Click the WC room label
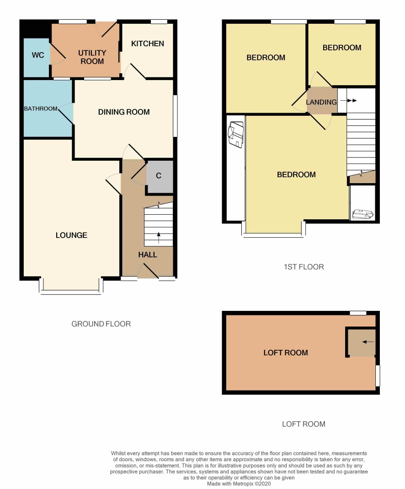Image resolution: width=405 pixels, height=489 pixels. [37, 55]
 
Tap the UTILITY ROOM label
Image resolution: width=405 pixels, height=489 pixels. [92, 57]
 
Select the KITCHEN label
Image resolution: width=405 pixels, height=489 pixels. [148, 43]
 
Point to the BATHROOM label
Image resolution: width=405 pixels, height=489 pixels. [41, 109]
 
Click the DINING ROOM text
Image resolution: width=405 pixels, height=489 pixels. [124, 112]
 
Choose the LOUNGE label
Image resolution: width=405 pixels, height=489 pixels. [71, 235]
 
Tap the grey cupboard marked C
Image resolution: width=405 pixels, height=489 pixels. [160, 177]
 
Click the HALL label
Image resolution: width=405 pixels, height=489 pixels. [148, 255]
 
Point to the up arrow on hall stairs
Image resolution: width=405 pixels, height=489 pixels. [159, 238]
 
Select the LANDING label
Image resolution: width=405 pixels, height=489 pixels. [321, 102]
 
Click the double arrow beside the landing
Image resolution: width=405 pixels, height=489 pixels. [348, 101]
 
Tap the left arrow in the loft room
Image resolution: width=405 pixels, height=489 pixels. [368, 342]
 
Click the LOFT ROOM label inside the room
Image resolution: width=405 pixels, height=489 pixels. [286, 353]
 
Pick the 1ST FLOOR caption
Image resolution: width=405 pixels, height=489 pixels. [304, 267]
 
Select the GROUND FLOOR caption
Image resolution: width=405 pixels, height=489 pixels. [101, 324]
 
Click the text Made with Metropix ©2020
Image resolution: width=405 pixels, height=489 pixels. [239, 484]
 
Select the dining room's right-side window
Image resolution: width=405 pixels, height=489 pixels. [175, 116]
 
